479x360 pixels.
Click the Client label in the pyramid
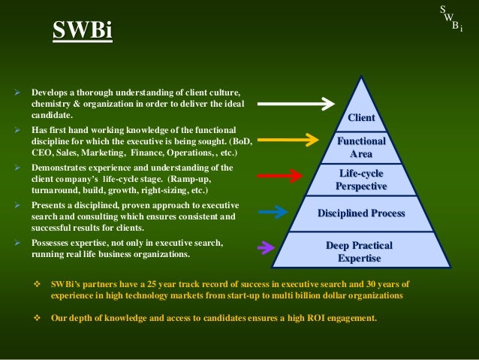point(361,118)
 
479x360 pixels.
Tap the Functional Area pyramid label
point(361,147)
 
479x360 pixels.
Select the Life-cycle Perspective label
point(361,180)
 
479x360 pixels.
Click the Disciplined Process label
point(361,213)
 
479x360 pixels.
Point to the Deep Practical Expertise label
point(359,252)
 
